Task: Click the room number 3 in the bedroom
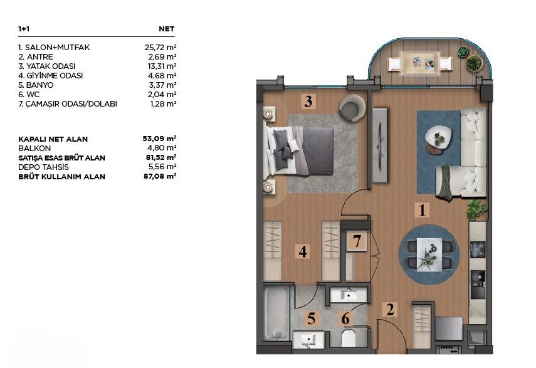[307, 102]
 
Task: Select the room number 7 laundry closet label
[355, 241]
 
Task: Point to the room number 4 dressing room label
[303, 252]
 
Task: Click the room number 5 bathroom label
[310, 318]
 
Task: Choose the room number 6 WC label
[345, 318]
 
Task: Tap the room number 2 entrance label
[390, 309]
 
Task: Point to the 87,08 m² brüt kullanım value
[160, 177]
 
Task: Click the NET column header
[167, 29]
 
